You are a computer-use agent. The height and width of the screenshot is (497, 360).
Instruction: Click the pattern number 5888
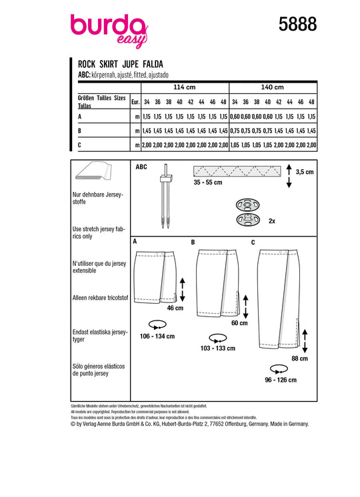point(297,24)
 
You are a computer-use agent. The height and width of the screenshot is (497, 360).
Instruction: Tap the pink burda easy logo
point(109,31)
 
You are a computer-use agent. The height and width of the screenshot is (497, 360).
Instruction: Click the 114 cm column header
point(184,87)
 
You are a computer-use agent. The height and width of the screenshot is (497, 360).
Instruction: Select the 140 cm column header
point(272,87)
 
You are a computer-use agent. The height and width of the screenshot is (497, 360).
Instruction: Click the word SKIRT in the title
point(109,65)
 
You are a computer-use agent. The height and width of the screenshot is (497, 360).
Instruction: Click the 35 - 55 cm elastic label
point(208,183)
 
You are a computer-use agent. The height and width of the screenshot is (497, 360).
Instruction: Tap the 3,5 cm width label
point(305,172)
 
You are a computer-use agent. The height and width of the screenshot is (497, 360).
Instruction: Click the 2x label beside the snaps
point(272,221)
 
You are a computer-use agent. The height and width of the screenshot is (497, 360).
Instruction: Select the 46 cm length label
point(175,308)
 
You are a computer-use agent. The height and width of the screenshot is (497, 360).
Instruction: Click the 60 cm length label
point(239,323)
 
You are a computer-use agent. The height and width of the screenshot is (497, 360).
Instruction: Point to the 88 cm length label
point(299,358)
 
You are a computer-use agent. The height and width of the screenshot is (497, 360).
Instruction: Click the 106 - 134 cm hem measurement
point(157,336)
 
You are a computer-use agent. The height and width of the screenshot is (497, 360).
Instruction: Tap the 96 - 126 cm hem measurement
point(281,380)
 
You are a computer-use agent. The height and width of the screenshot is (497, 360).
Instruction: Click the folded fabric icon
point(93,171)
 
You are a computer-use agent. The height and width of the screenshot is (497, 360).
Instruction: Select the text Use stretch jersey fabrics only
point(99,233)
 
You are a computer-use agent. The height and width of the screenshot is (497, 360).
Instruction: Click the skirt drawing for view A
point(155,276)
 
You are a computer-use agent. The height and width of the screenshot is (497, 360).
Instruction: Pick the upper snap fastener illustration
point(247,205)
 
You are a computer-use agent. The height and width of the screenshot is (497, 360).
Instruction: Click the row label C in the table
point(79,145)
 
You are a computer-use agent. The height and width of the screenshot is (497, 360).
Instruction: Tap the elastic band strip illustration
point(237,171)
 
